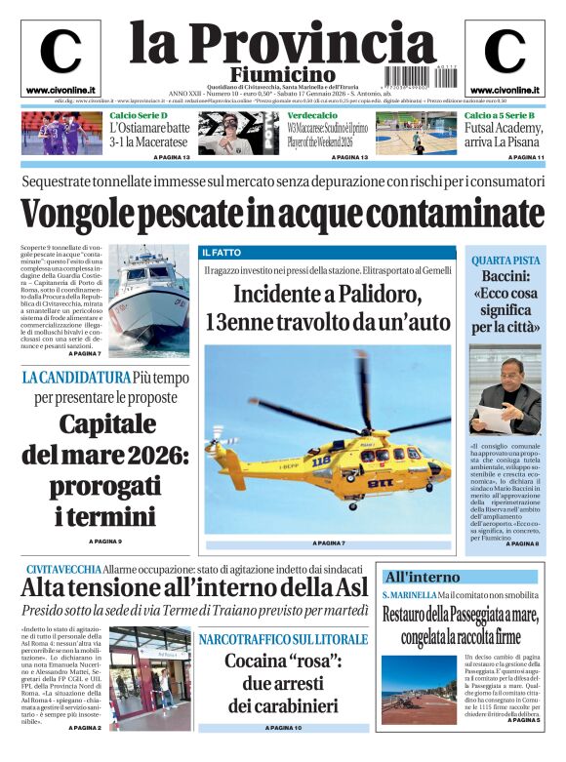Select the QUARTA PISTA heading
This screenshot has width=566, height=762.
click(x=505, y=261)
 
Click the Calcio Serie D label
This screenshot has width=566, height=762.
click(x=139, y=115)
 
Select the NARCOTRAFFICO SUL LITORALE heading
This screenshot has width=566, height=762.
click(x=283, y=639)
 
